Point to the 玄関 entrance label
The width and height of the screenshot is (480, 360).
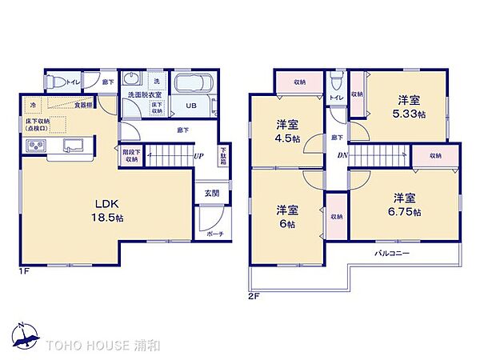(210, 193)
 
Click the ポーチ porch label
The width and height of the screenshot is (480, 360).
(215, 234)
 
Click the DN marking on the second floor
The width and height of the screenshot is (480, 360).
(342, 155)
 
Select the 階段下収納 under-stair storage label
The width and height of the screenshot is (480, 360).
(130, 155)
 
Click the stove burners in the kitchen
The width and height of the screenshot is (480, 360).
(37, 146)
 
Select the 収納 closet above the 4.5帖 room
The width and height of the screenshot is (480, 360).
(298, 81)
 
